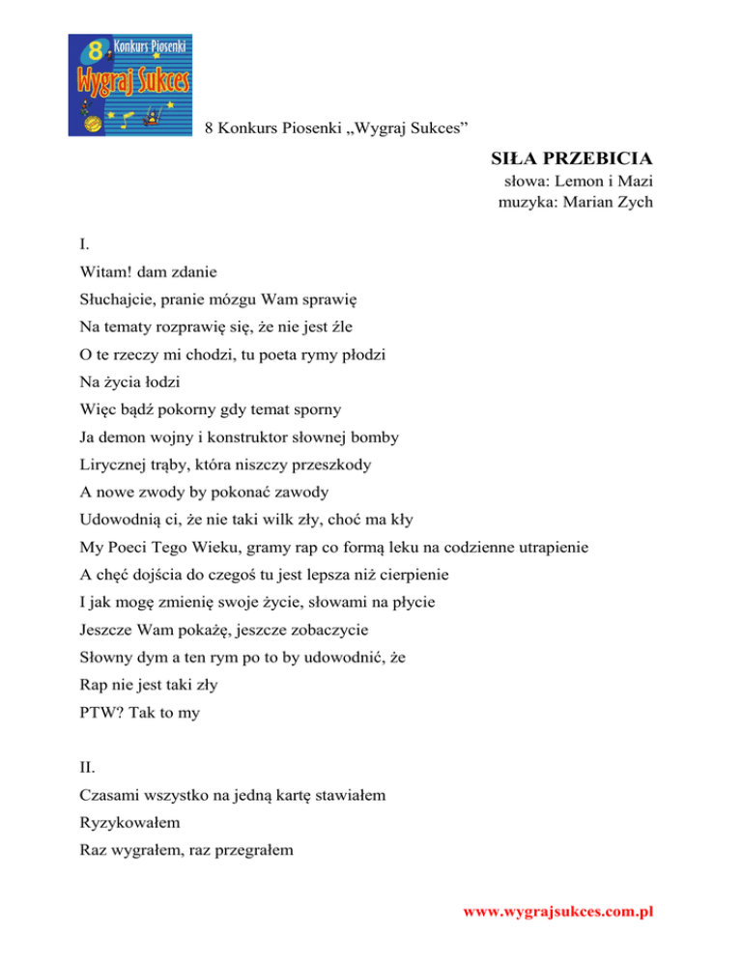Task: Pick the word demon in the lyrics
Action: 121,437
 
